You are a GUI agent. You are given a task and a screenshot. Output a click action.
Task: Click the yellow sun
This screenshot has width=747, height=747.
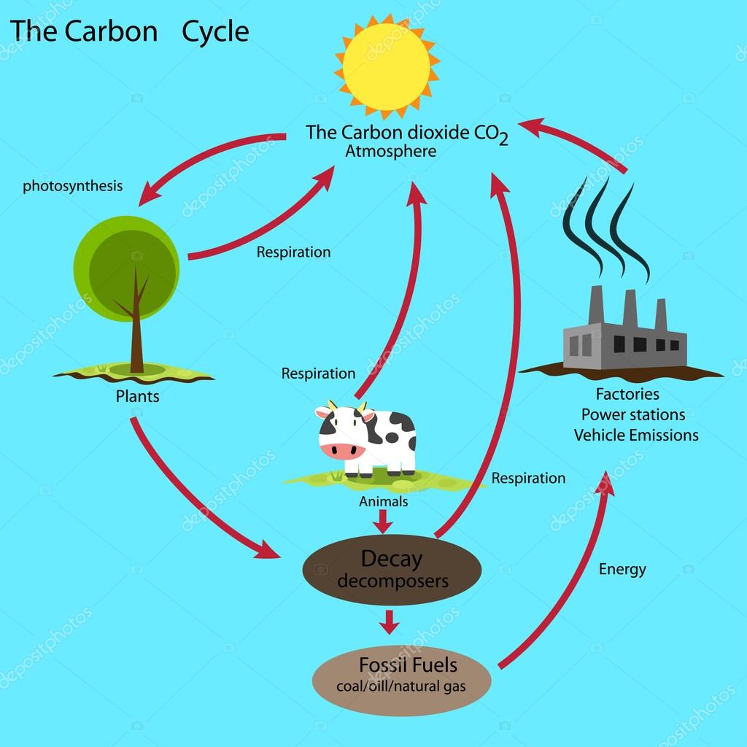[x=387, y=66]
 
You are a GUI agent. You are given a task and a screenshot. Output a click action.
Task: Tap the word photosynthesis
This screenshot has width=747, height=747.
[x=73, y=186]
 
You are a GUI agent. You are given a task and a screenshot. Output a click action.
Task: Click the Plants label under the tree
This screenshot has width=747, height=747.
[x=137, y=396]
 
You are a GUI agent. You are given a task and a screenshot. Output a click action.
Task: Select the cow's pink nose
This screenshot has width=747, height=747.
[x=341, y=450]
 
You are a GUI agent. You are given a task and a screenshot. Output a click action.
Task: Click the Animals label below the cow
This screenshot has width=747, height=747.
[x=384, y=501]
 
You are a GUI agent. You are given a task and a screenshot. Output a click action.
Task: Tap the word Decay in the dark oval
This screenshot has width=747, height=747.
[x=392, y=560]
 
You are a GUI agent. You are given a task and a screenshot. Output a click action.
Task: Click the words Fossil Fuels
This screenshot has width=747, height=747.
[x=409, y=665]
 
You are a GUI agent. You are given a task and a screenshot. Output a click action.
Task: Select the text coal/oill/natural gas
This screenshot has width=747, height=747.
[x=401, y=686]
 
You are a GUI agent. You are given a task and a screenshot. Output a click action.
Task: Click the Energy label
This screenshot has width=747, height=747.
[x=623, y=569]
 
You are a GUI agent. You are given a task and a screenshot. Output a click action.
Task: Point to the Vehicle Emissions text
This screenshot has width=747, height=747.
[x=636, y=435]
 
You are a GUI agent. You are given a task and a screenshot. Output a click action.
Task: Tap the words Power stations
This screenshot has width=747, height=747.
[x=633, y=414]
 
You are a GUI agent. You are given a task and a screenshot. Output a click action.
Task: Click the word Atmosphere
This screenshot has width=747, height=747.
[x=391, y=151]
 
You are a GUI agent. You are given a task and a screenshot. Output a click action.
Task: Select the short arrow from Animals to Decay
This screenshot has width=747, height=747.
[x=382, y=522]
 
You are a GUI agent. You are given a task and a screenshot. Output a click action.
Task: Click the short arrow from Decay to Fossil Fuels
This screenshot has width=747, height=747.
[x=390, y=622]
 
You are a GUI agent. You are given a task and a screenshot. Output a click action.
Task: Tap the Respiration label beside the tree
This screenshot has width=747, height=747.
[x=293, y=252]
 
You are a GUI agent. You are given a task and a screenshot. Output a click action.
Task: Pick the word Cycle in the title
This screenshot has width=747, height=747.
[x=215, y=32]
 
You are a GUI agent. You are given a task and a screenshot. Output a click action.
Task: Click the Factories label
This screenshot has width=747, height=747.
[x=627, y=394]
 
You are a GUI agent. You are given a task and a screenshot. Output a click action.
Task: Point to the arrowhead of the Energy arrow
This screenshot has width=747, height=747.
[x=606, y=482]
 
